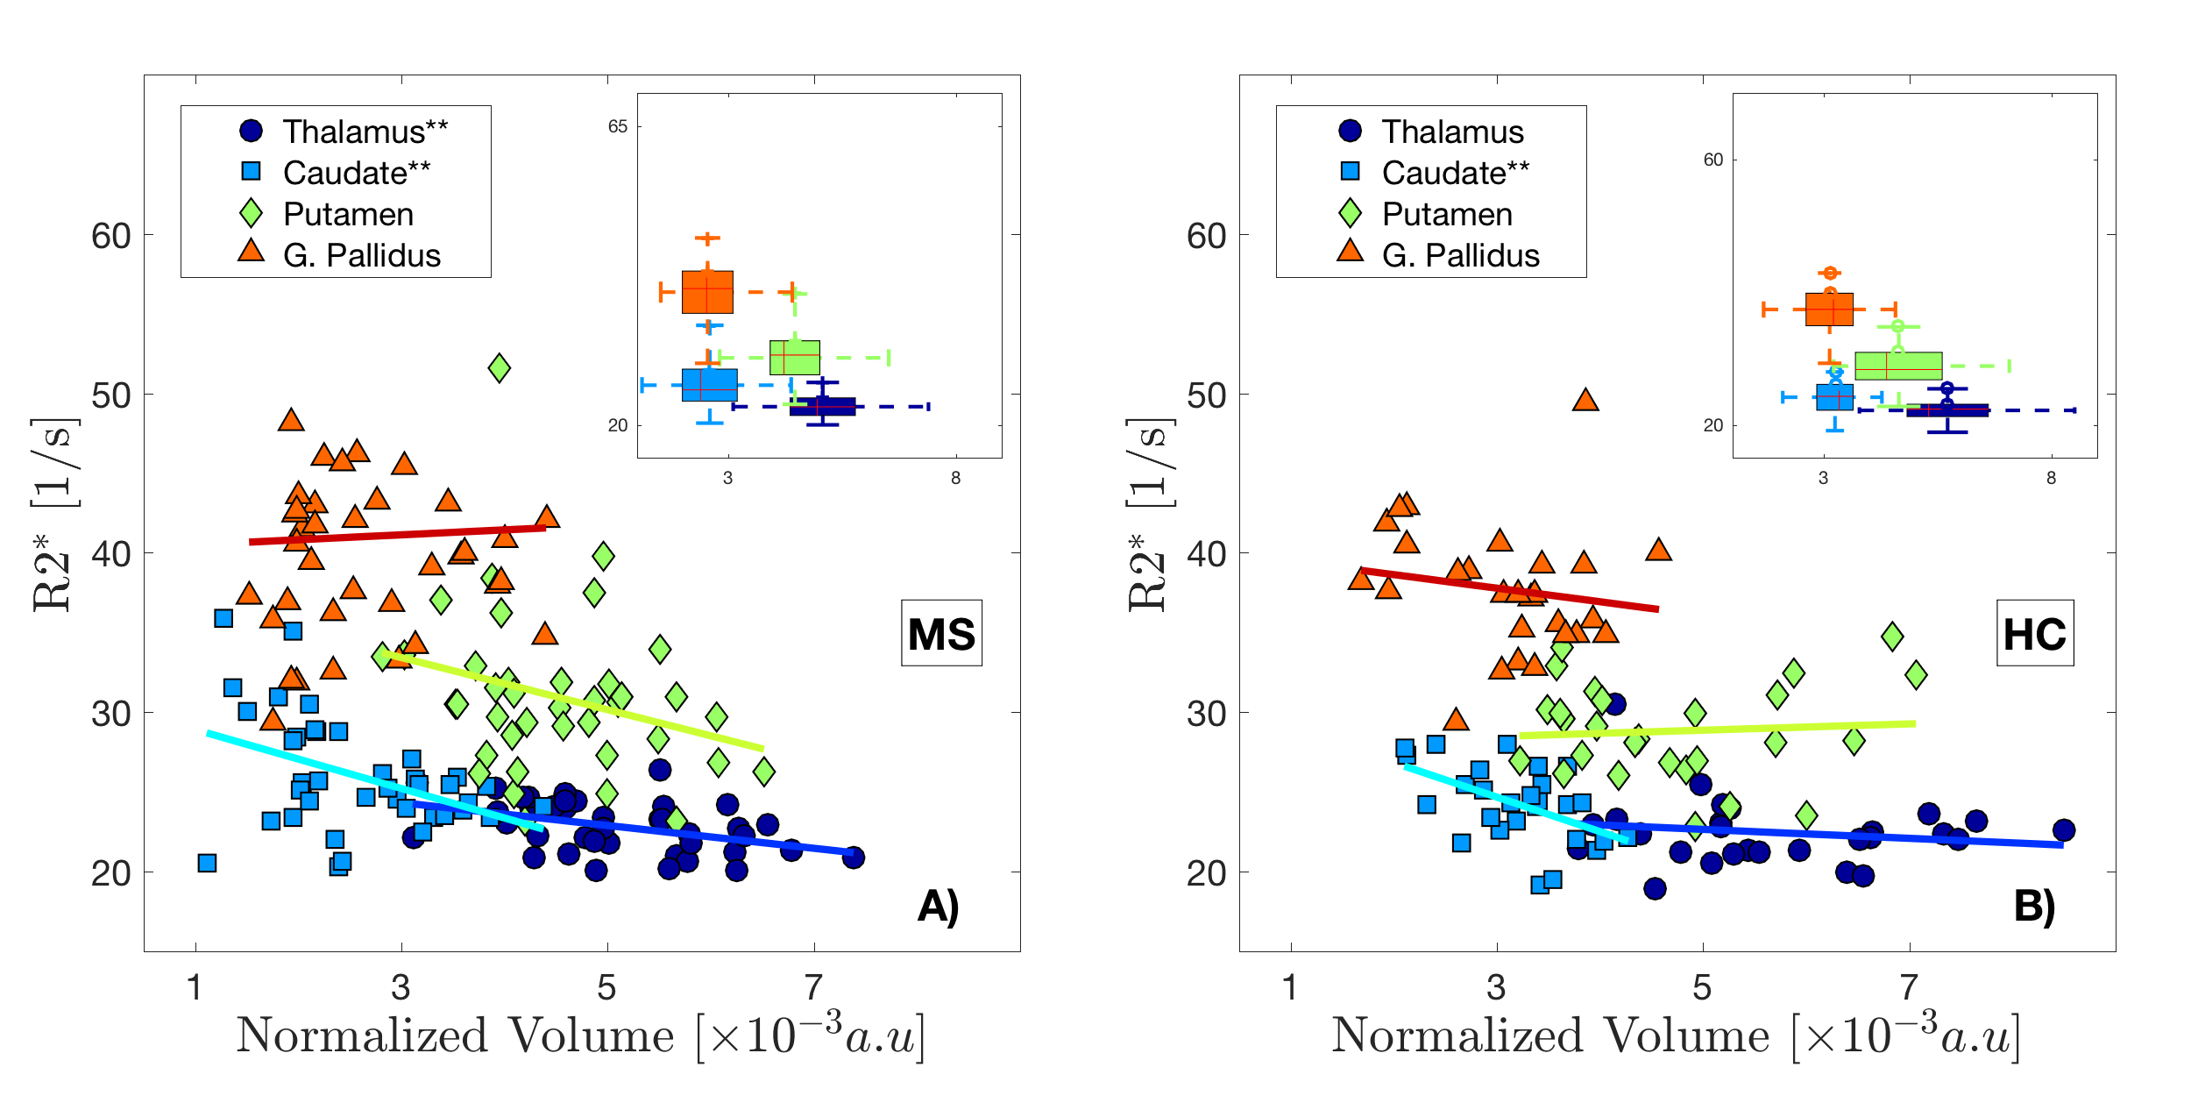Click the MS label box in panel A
coord(941,633)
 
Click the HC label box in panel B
coord(2034,633)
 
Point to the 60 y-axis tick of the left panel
coord(111,236)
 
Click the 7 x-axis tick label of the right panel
coord(1909,988)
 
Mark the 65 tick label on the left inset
coord(618,126)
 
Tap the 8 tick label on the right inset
coord(2051,478)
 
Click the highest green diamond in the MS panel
coord(499,367)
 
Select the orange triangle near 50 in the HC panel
coord(1585,401)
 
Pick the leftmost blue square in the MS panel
coord(207,863)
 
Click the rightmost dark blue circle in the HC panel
coord(2064,829)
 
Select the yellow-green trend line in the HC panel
coord(1718,729)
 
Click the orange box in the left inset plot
coord(707,292)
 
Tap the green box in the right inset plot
coord(1898,366)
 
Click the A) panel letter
coord(938,906)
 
